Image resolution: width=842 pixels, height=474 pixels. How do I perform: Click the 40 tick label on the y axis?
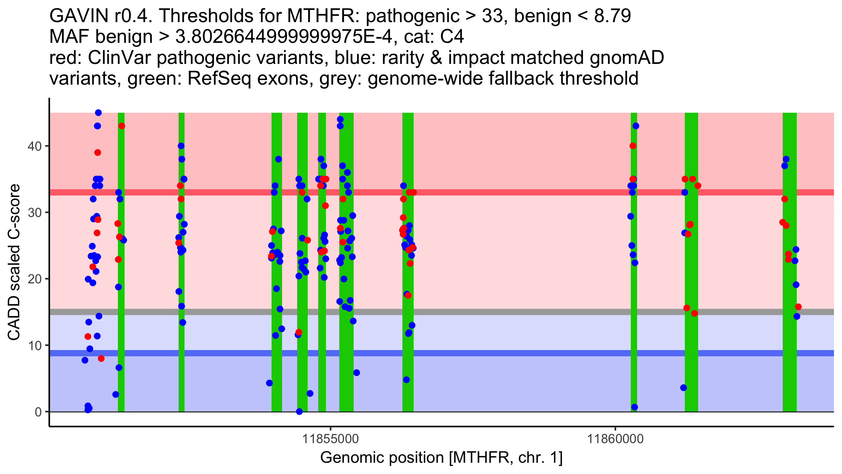point(34,146)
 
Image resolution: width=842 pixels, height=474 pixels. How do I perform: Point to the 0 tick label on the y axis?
point(38,412)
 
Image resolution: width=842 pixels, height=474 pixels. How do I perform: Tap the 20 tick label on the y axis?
point(34,279)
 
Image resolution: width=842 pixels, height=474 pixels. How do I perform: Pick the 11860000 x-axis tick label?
point(615,439)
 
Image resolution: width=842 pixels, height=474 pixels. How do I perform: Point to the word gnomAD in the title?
point(627,58)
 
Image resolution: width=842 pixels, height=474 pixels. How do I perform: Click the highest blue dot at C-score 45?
point(98,113)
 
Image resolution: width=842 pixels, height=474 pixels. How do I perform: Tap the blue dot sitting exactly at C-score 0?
point(299,412)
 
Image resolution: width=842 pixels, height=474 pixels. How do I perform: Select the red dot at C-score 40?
point(633,146)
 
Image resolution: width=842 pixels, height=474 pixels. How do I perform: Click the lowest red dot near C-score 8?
point(101,358)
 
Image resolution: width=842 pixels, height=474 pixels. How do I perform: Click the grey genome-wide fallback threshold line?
point(491,312)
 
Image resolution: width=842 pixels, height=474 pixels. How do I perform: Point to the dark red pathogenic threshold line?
point(491,192)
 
